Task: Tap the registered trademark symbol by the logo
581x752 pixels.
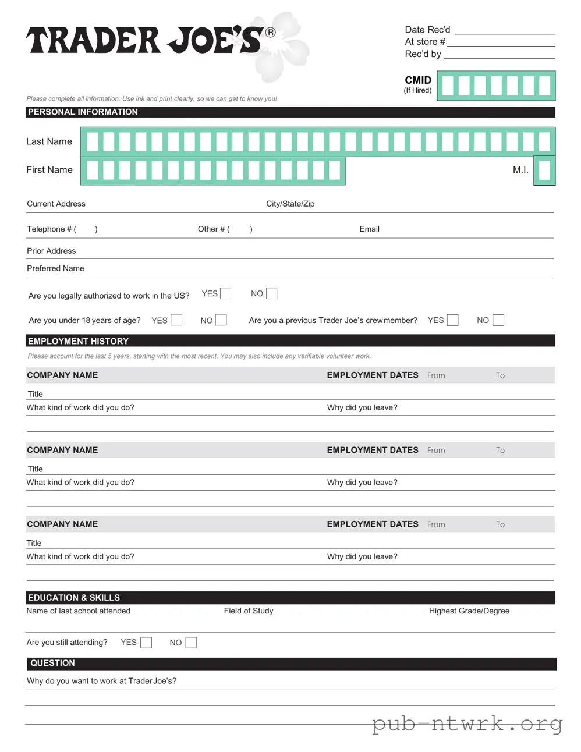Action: [x=270, y=33]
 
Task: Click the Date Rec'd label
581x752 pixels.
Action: [x=427, y=30]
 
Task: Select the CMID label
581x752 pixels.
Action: [x=418, y=80]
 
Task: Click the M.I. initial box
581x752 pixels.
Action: [x=544, y=171]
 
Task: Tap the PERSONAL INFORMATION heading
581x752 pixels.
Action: [x=83, y=112]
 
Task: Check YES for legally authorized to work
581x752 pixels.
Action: [x=225, y=293]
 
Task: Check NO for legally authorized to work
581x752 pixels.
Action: [x=271, y=293]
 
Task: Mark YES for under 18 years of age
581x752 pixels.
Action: [x=176, y=320]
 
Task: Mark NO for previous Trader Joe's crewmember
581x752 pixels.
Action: [x=498, y=320]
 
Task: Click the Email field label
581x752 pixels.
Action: [x=369, y=229]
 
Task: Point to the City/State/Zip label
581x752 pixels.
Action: [x=290, y=204]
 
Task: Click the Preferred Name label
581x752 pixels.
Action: [x=55, y=268]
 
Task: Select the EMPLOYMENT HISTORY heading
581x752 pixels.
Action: [x=78, y=341]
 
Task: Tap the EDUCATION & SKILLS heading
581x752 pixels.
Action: [x=73, y=598]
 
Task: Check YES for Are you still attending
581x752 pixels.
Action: [x=146, y=643]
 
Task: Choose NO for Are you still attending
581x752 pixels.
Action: [x=191, y=643]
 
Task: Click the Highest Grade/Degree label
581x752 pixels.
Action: [x=469, y=611]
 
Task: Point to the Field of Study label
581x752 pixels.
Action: [x=248, y=611]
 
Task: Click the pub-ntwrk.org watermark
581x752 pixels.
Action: [x=467, y=723]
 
